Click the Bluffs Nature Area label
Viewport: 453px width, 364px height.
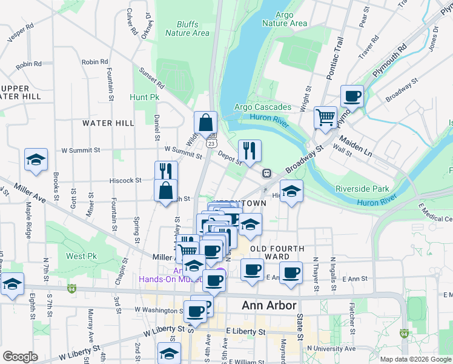coord(187,29)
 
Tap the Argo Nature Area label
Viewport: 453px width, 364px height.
coord(285,19)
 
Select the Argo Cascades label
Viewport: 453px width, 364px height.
coord(262,107)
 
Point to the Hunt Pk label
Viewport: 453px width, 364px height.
coord(144,97)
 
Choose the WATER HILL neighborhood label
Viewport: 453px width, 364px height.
coord(108,123)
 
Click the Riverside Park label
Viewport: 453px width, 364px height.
coord(362,189)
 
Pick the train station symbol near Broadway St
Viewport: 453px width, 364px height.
coord(266,174)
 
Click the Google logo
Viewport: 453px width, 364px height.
coord(21,357)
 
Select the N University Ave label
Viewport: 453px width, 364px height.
coord(331,349)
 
